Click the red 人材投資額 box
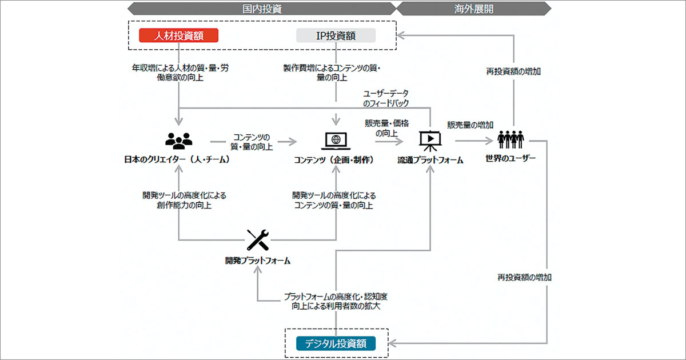179,35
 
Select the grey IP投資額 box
336,35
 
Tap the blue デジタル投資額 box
336,343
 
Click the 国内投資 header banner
262,9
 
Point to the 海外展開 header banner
473,9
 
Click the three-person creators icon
178,140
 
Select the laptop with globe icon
336,140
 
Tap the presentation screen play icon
430,140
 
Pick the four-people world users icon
510,139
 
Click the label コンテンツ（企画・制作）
335,160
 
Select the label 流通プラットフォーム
430,161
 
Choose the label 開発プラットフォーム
257,261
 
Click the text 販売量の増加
470,125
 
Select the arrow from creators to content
253,141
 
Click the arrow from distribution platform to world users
472,141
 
